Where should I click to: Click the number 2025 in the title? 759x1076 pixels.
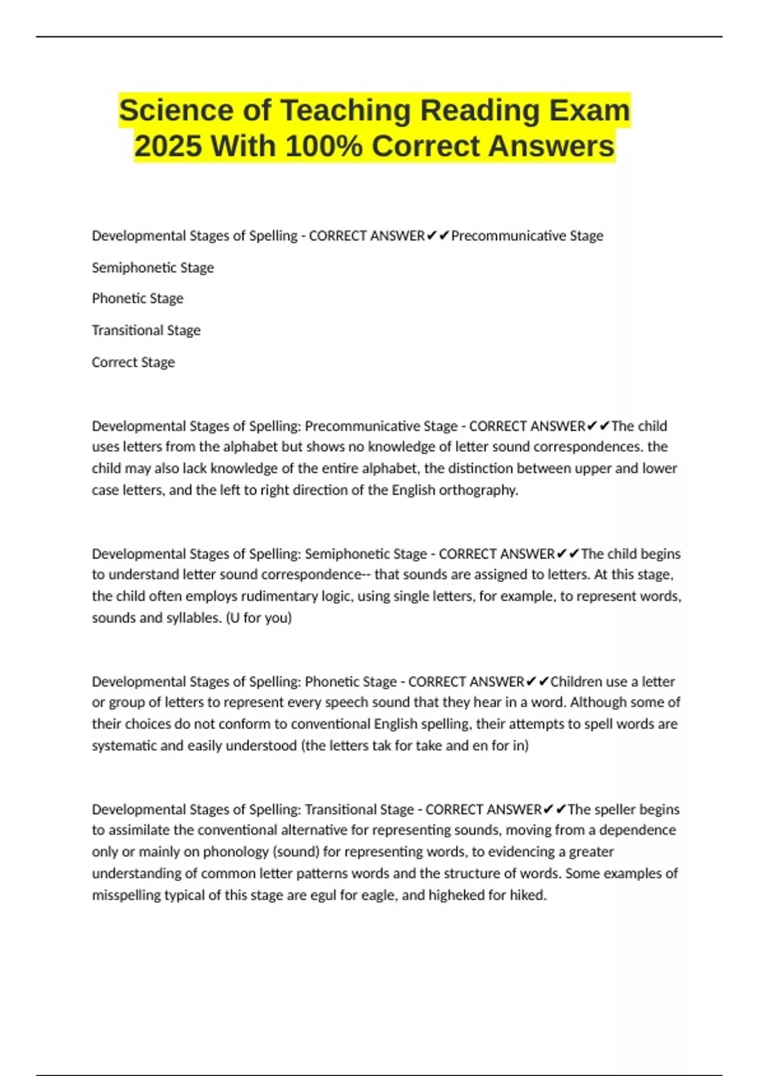coord(168,146)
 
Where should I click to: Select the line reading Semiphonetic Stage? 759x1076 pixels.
coord(152,268)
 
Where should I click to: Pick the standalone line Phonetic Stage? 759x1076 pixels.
coord(137,299)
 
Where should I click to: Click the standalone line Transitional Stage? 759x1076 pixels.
coord(145,330)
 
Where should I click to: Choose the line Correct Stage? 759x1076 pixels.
coord(133,363)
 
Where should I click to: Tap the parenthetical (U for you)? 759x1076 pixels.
coord(259,618)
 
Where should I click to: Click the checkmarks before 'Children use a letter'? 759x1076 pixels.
coord(537,682)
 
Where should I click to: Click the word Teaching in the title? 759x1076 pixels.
coord(345,110)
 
